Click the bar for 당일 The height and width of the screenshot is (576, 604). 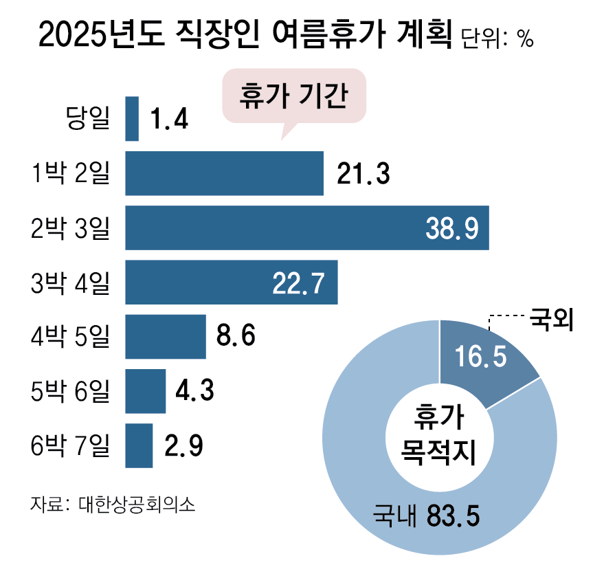(x=132, y=119)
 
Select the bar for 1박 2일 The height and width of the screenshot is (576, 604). (x=224, y=174)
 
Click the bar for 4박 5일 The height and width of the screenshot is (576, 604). (x=166, y=336)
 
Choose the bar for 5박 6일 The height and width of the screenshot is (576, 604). (x=146, y=390)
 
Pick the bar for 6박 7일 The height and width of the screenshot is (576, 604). (x=139, y=445)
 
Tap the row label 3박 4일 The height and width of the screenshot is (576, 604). (x=71, y=283)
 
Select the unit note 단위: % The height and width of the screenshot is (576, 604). (x=496, y=39)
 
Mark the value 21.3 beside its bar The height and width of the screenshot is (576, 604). (x=363, y=175)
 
